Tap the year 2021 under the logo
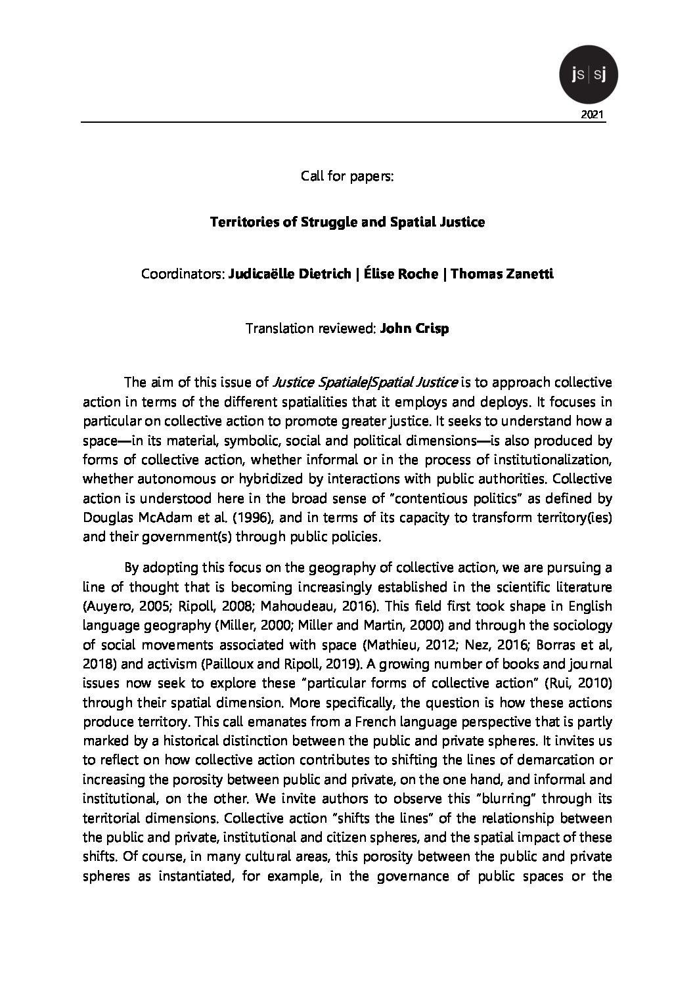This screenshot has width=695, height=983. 593,115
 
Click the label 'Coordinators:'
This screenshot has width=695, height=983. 182,274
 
